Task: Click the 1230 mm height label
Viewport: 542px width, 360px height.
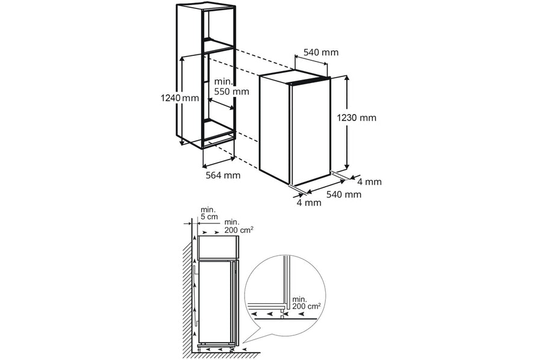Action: coord(357,118)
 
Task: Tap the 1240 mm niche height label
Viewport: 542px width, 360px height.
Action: coord(179,98)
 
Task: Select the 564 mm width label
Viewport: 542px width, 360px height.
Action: coord(223,175)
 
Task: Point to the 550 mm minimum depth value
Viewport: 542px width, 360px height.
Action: coord(232,92)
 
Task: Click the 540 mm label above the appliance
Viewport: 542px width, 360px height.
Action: coord(321,52)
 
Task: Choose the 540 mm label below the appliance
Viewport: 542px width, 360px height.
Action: coord(344,194)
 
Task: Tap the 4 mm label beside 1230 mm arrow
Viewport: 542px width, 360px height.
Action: coord(370,182)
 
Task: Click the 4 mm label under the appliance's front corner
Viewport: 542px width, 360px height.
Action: coord(309,202)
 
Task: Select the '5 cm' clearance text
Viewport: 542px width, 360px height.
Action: coord(210,217)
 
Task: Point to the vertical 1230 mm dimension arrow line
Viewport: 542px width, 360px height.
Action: coord(346,123)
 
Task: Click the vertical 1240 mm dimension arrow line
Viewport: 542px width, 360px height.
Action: coord(181,101)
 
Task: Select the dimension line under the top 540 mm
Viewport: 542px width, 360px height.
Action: coord(311,59)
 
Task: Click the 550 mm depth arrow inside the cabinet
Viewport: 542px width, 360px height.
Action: coord(221,104)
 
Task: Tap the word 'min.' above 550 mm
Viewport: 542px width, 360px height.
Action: coord(224,82)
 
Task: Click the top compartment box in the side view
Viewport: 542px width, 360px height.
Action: coord(218,246)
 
